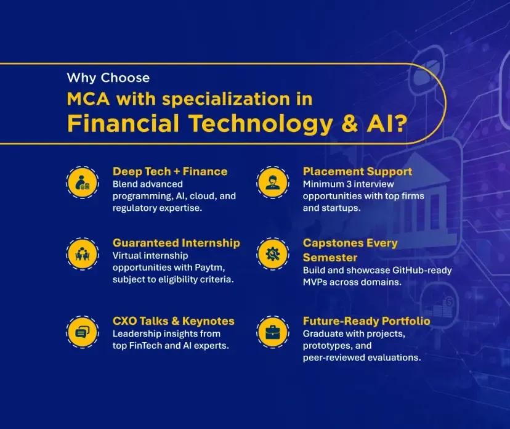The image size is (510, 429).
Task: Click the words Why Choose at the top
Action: pos(108,78)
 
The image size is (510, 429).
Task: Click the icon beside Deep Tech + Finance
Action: pos(81,182)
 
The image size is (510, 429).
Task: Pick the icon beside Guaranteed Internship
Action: pos(81,253)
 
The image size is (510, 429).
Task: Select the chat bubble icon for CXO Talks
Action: pos(81,332)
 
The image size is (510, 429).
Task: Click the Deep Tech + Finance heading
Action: pos(170,171)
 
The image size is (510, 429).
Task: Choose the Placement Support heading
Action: pos(357,171)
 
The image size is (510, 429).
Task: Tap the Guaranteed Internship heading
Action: pos(176,243)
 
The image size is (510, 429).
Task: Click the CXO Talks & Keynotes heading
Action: pos(173,321)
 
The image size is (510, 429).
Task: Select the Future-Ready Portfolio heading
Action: pos(366,321)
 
